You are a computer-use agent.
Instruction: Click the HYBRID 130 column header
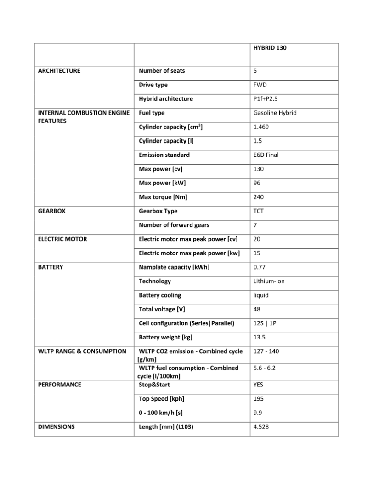click(x=270, y=48)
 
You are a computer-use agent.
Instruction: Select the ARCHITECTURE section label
click(x=59, y=71)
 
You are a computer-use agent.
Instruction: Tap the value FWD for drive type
click(x=260, y=85)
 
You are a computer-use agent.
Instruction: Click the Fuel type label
click(x=152, y=113)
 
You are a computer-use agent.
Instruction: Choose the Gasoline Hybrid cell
click(x=275, y=113)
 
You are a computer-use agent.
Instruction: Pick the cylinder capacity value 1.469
click(x=261, y=127)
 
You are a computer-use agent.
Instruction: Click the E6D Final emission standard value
click(x=266, y=155)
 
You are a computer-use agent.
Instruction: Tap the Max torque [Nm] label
click(x=163, y=197)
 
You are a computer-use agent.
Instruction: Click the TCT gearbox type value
click(x=259, y=211)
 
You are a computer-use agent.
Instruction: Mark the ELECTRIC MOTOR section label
click(x=62, y=239)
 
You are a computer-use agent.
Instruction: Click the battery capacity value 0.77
click(x=259, y=267)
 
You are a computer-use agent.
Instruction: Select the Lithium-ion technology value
click(x=269, y=281)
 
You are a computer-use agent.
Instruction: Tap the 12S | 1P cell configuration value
click(x=265, y=323)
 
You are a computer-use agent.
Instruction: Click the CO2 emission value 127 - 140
click(x=266, y=351)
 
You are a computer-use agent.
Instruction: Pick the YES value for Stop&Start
click(x=258, y=385)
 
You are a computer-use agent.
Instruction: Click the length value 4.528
click(x=261, y=427)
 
